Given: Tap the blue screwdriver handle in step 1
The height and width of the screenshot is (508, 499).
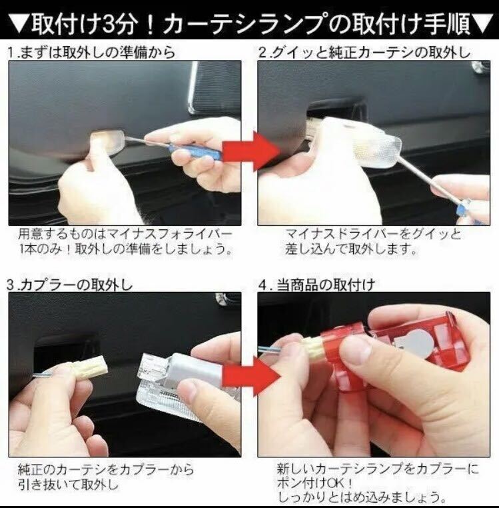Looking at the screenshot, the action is tap(195, 151).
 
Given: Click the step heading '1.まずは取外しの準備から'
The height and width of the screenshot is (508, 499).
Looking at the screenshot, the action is tap(91, 53).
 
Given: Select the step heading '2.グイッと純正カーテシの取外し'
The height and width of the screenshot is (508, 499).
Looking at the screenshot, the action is tap(364, 53).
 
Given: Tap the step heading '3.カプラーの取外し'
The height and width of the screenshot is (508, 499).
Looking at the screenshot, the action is tap(70, 285).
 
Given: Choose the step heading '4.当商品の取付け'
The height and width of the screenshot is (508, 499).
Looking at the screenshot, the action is tap(316, 285).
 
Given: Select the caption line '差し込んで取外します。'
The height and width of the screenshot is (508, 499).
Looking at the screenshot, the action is tap(350, 249).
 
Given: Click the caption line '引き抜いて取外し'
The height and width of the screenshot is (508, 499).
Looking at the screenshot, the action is tap(68, 485).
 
